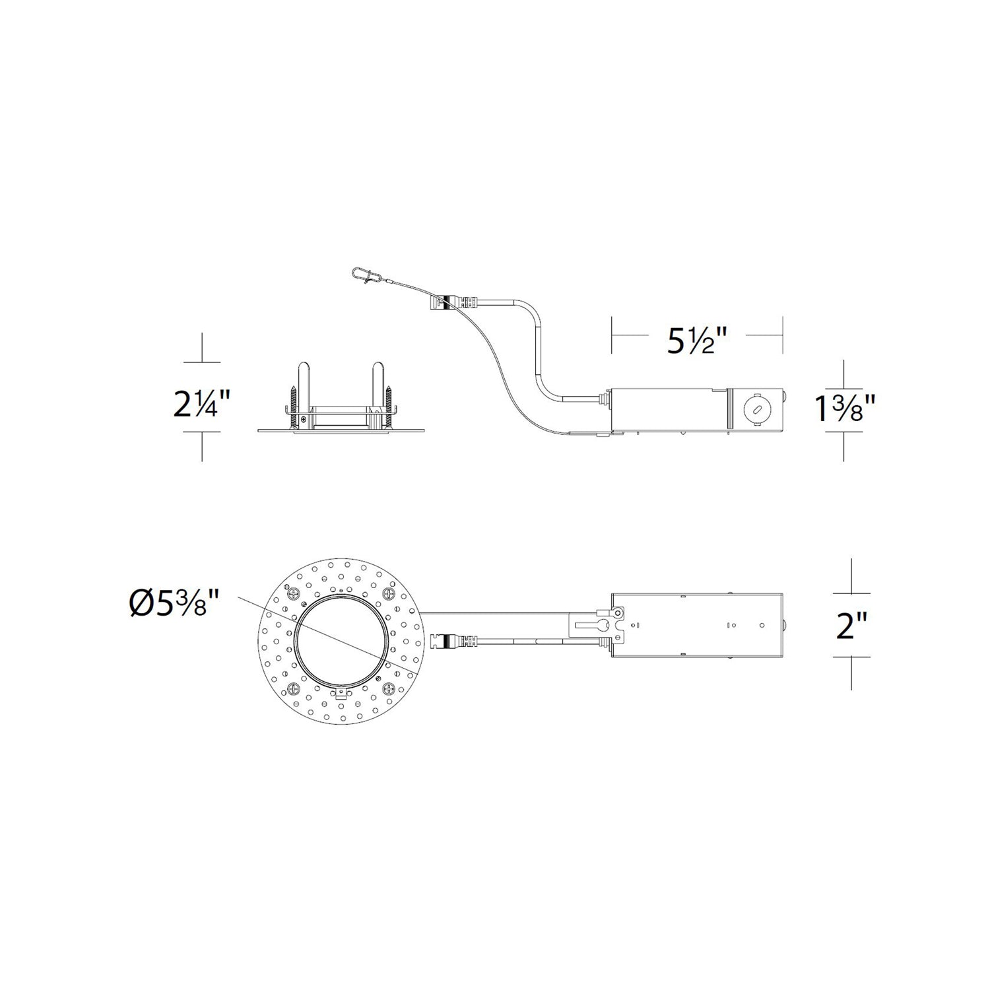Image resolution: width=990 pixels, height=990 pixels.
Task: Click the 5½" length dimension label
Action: pyautogui.click(x=698, y=341)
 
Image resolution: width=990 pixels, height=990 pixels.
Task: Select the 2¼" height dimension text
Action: pyautogui.click(x=202, y=404)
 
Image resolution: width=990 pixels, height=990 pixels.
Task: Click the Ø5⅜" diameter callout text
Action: pyautogui.click(x=173, y=604)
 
